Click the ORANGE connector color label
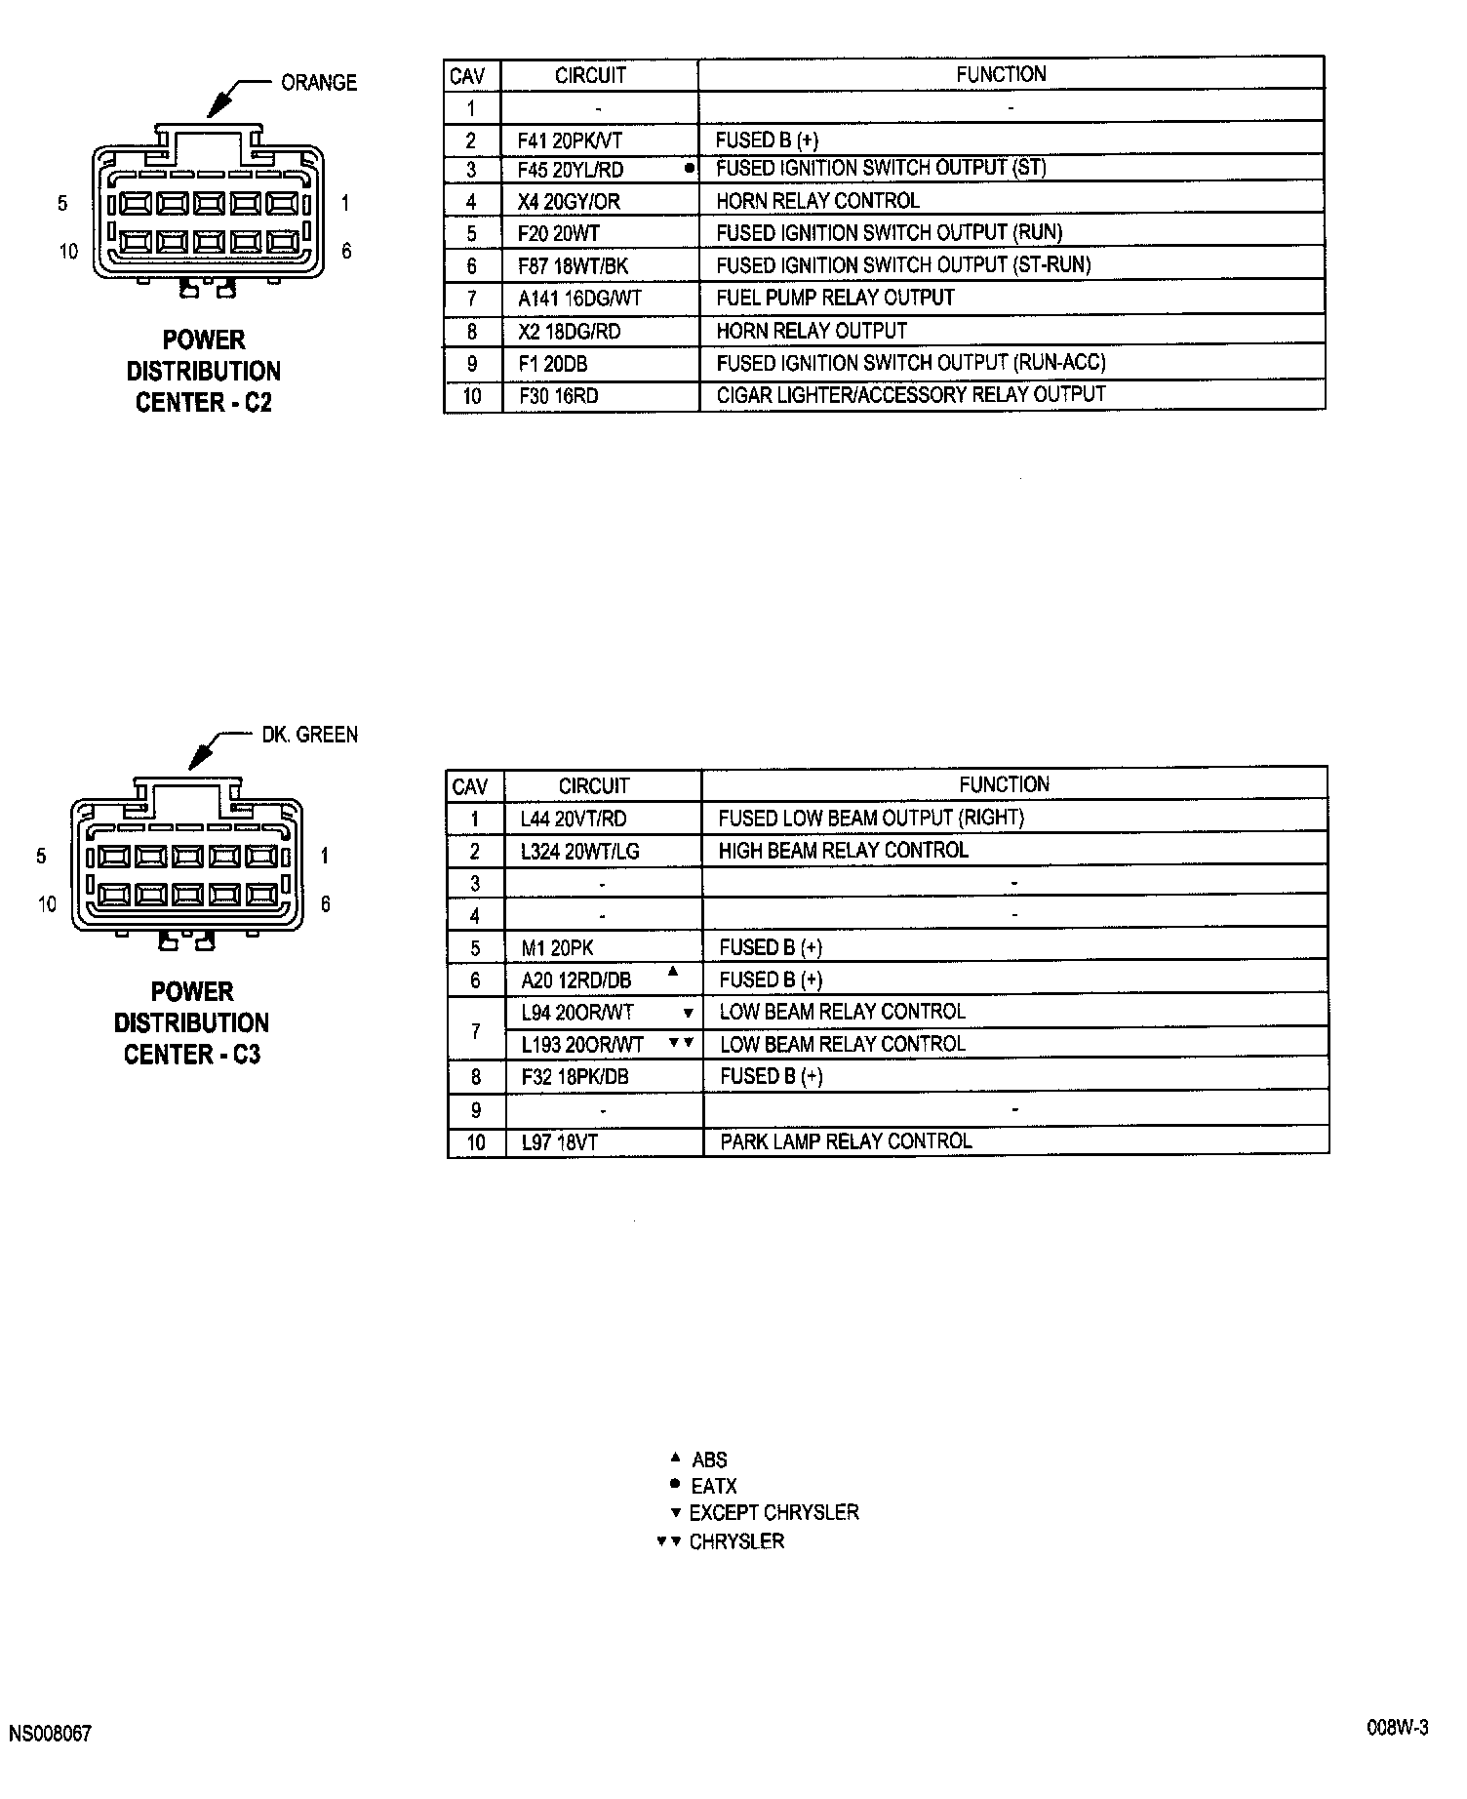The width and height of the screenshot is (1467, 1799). (319, 83)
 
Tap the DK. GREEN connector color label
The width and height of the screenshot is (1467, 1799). (309, 735)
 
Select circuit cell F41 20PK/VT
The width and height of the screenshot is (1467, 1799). (570, 140)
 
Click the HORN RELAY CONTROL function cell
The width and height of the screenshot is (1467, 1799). (817, 201)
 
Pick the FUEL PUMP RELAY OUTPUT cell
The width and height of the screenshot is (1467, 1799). (835, 298)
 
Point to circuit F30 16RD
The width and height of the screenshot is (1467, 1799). (558, 396)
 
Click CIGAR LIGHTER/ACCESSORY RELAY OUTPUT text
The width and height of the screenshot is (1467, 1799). (910, 395)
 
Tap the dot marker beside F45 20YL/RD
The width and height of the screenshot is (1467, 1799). (690, 168)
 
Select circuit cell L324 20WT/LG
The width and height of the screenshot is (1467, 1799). (579, 852)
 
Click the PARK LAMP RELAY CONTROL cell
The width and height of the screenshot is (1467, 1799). (846, 1141)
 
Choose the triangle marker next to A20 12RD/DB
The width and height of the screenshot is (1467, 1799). (672, 972)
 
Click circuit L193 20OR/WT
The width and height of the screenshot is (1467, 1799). (582, 1045)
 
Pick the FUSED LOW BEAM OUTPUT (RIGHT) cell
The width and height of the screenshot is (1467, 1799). (871, 819)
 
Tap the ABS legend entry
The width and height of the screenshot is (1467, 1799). (709, 1460)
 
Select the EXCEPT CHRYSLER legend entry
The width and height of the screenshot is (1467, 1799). (773, 1513)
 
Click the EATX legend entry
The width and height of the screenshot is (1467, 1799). (713, 1487)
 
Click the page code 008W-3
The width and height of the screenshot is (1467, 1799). (1397, 1728)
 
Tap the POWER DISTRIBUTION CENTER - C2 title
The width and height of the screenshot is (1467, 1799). (204, 372)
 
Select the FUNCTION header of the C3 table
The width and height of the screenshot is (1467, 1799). (1004, 784)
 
